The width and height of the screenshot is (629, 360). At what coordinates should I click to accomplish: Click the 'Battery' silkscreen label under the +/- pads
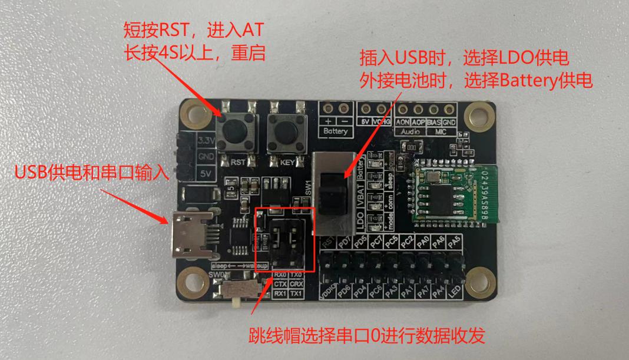pyautogui.click(x=336, y=131)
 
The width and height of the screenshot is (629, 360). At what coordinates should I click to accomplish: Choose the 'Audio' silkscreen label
pyautogui.click(x=410, y=131)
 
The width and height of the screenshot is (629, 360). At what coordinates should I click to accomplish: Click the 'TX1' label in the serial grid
pyautogui.click(x=297, y=293)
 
